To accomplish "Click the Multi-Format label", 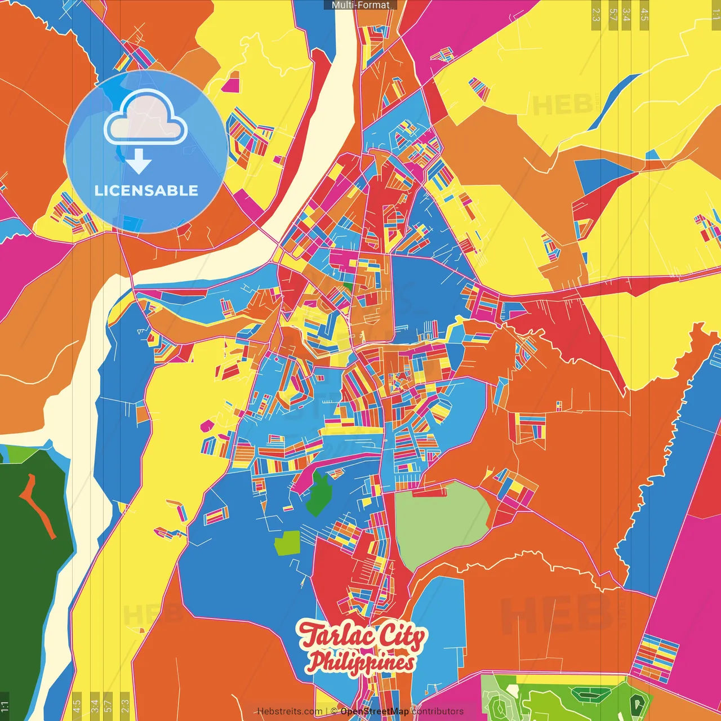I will pyautogui.click(x=360, y=5).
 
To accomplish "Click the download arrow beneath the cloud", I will pyautogui.click(x=139, y=162).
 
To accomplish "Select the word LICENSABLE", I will pyautogui.click(x=146, y=190).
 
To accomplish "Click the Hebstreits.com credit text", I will pyautogui.click(x=290, y=711).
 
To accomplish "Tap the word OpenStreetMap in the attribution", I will pyautogui.click(x=374, y=711).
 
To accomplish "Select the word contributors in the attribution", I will pyautogui.click(x=438, y=711).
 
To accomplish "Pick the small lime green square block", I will pyautogui.click(x=287, y=543).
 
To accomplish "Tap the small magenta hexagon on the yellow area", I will pyautogui.click(x=207, y=426).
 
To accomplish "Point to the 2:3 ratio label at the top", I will pyautogui.click(x=595, y=15).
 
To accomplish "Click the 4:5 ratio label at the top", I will pyautogui.click(x=644, y=15).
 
